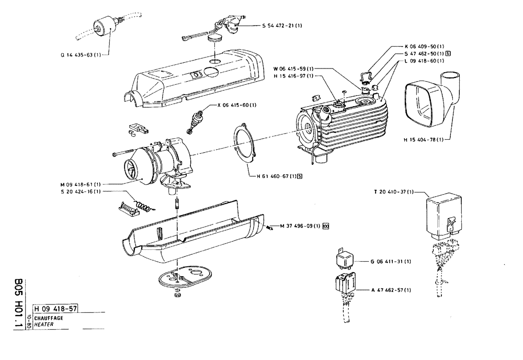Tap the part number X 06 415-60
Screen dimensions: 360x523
click(237, 105)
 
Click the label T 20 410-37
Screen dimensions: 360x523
click(393, 192)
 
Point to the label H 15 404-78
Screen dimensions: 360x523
click(423, 139)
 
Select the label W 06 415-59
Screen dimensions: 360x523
click(293, 69)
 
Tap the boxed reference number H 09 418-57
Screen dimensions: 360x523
click(55, 309)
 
